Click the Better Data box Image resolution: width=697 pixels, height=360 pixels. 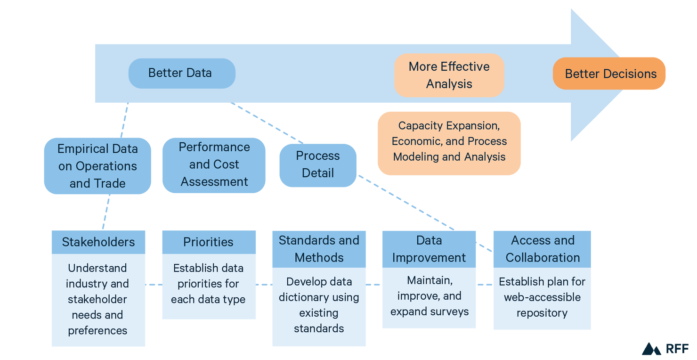point(181,74)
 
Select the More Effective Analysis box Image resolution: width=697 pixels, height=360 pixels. point(449,75)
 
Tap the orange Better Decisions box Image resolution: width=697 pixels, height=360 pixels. point(609,74)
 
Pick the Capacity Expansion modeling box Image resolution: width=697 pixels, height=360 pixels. point(449,142)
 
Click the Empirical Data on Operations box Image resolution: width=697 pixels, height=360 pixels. point(97,166)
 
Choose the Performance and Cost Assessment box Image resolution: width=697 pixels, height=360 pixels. point(214,165)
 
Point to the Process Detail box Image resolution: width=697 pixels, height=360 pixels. point(318,165)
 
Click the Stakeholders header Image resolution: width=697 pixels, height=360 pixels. point(98,242)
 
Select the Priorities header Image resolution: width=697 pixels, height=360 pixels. point(209,242)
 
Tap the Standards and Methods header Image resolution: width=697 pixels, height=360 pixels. point(319,249)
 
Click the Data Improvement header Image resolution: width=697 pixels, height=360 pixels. point(429,249)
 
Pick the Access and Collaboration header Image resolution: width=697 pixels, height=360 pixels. point(542,249)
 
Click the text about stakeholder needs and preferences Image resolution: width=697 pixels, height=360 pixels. point(97,299)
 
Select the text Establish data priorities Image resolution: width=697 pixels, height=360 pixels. point(208,284)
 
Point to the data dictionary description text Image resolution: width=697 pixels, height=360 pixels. point(319,305)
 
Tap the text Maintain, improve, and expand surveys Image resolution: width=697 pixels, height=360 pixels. point(430,296)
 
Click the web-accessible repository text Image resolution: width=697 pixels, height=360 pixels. point(542,297)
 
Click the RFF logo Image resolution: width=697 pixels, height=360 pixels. point(665,349)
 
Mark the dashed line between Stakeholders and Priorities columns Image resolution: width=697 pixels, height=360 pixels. point(154,285)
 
